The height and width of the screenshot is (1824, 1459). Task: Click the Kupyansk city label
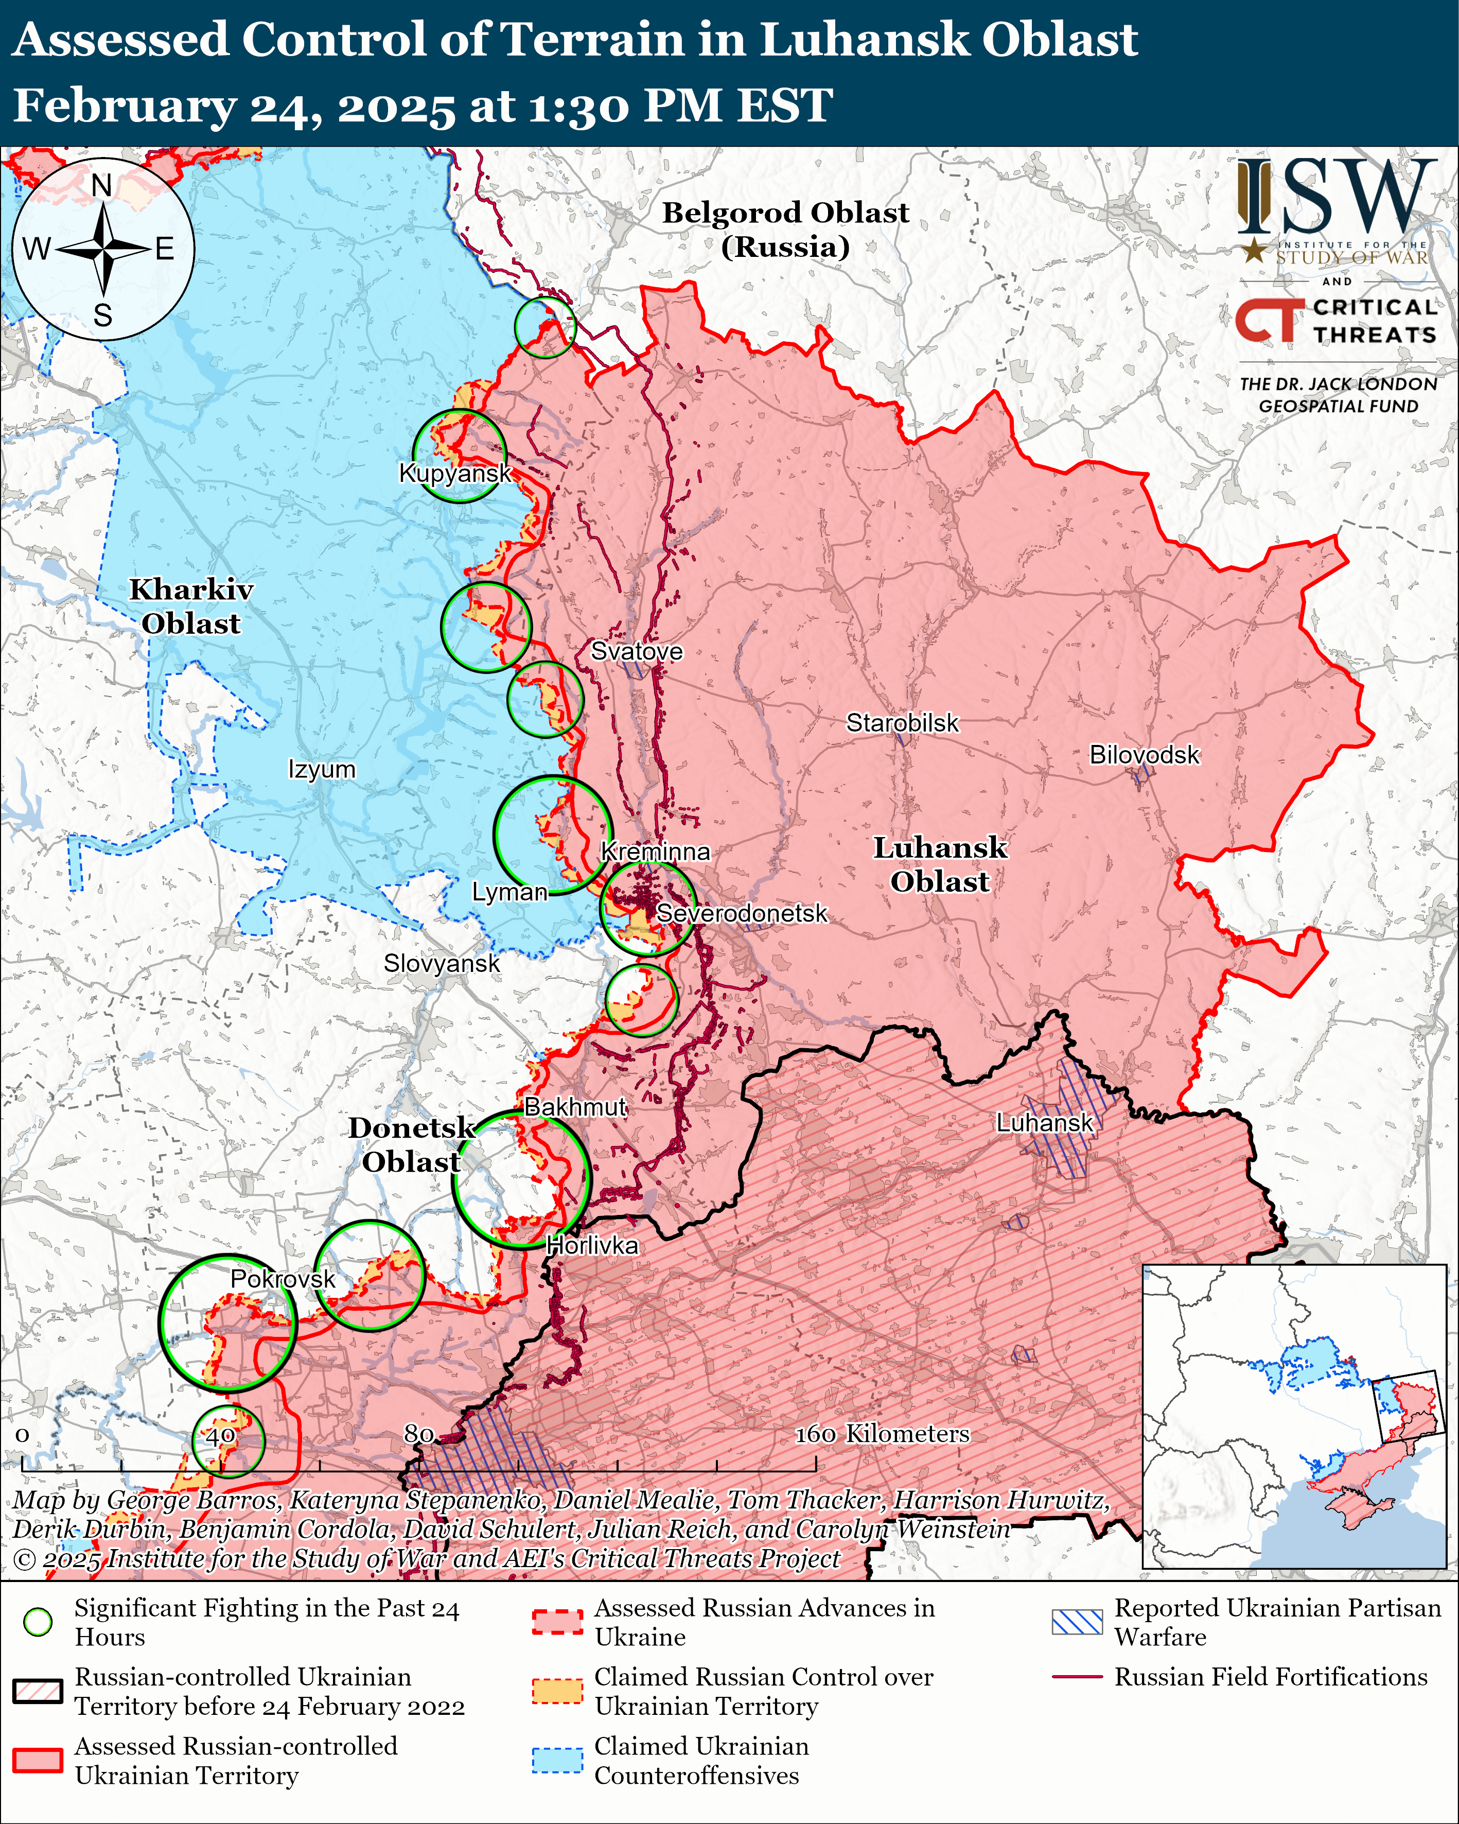pos(455,473)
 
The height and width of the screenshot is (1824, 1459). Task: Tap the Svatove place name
pos(636,651)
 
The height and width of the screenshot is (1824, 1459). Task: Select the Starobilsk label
pos(903,723)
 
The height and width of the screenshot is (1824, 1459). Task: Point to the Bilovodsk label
pos(1144,755)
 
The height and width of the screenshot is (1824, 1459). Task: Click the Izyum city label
pos(322,770)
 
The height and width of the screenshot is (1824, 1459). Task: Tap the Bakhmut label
pos(575,1106)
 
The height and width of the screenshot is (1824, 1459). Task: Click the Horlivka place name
pos(592,1245)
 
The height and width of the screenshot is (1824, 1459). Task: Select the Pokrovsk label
pos(283,1279)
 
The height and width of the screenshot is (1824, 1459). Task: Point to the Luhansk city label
pos(1045,1123)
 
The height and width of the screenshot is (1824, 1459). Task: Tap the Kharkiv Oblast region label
pos(191,606)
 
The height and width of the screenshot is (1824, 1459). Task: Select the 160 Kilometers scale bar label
pos(882,1434)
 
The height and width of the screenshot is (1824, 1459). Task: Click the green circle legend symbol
pos(38,1622)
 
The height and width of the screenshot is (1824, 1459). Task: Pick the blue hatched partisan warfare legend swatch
pos(1077,1622)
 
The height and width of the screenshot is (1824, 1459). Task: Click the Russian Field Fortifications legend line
pos(1077,1676)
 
